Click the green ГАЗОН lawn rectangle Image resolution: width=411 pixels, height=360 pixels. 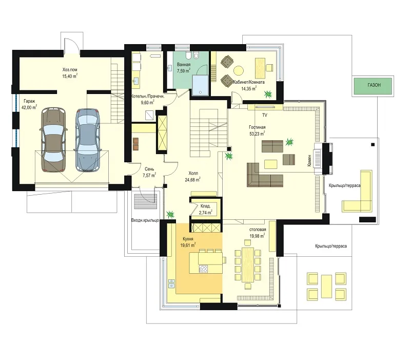click(x=374, y=85)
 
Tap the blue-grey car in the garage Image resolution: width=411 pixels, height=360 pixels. click(x=88, y=140)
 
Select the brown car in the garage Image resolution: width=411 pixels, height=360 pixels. click(x=53, y=140)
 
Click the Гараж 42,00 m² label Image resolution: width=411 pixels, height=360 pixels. click(x=30, y=104)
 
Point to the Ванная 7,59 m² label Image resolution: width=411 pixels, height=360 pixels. click(x=184, y=68)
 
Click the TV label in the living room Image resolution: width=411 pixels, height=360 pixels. click(x=264, y=115)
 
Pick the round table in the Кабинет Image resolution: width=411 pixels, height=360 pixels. click(x=239, y=70)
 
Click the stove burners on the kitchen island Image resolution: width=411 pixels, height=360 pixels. click(x=203, y=269)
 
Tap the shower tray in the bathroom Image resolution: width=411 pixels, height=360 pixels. click(x=201, y=85)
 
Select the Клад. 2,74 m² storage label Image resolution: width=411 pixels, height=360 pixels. click(x=205, y=210)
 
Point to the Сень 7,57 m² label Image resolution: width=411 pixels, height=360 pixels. click(x=149, y=173)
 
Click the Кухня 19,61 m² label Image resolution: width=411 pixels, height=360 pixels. click(x=188, y=242)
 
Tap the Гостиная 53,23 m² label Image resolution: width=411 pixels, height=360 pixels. click(x=257, y=130)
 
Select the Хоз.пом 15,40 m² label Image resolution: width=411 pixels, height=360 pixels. click(x=70, y=73)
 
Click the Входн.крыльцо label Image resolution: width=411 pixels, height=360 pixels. click(x=145, y=220)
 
